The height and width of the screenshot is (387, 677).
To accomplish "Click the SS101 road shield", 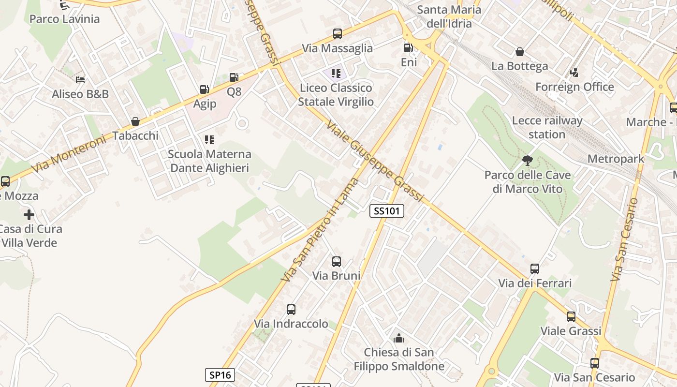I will point(387,211).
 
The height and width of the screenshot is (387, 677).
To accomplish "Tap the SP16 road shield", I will point(220,374).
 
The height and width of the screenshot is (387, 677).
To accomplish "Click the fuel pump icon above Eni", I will point(409,47).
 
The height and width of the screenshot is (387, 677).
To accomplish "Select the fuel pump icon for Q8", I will point(234,77).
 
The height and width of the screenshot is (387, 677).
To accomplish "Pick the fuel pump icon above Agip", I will point(204,89).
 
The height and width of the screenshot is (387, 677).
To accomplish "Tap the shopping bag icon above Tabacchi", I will point(135,121).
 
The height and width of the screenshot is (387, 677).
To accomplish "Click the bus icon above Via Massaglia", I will point(338,34).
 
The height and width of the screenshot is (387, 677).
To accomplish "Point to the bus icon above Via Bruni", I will point(337,262).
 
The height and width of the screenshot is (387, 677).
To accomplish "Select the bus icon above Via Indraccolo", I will point(291,310).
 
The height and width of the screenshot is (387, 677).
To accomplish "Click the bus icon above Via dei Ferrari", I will point(535,268).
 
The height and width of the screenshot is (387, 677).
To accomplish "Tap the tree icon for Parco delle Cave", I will point(528,160).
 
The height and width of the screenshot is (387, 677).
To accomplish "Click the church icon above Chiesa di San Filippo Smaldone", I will point(399,338).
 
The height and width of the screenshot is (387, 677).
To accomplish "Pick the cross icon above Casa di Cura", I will point(29,214).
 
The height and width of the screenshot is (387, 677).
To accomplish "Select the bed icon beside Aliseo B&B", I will point(80,79).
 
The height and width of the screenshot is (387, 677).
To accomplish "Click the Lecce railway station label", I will point(547,127).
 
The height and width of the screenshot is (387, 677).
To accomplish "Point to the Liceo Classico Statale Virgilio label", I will point(336,94).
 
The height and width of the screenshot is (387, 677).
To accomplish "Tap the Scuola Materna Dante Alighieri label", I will point(209,161).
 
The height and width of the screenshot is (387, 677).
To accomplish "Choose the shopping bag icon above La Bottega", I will point(520,51).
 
